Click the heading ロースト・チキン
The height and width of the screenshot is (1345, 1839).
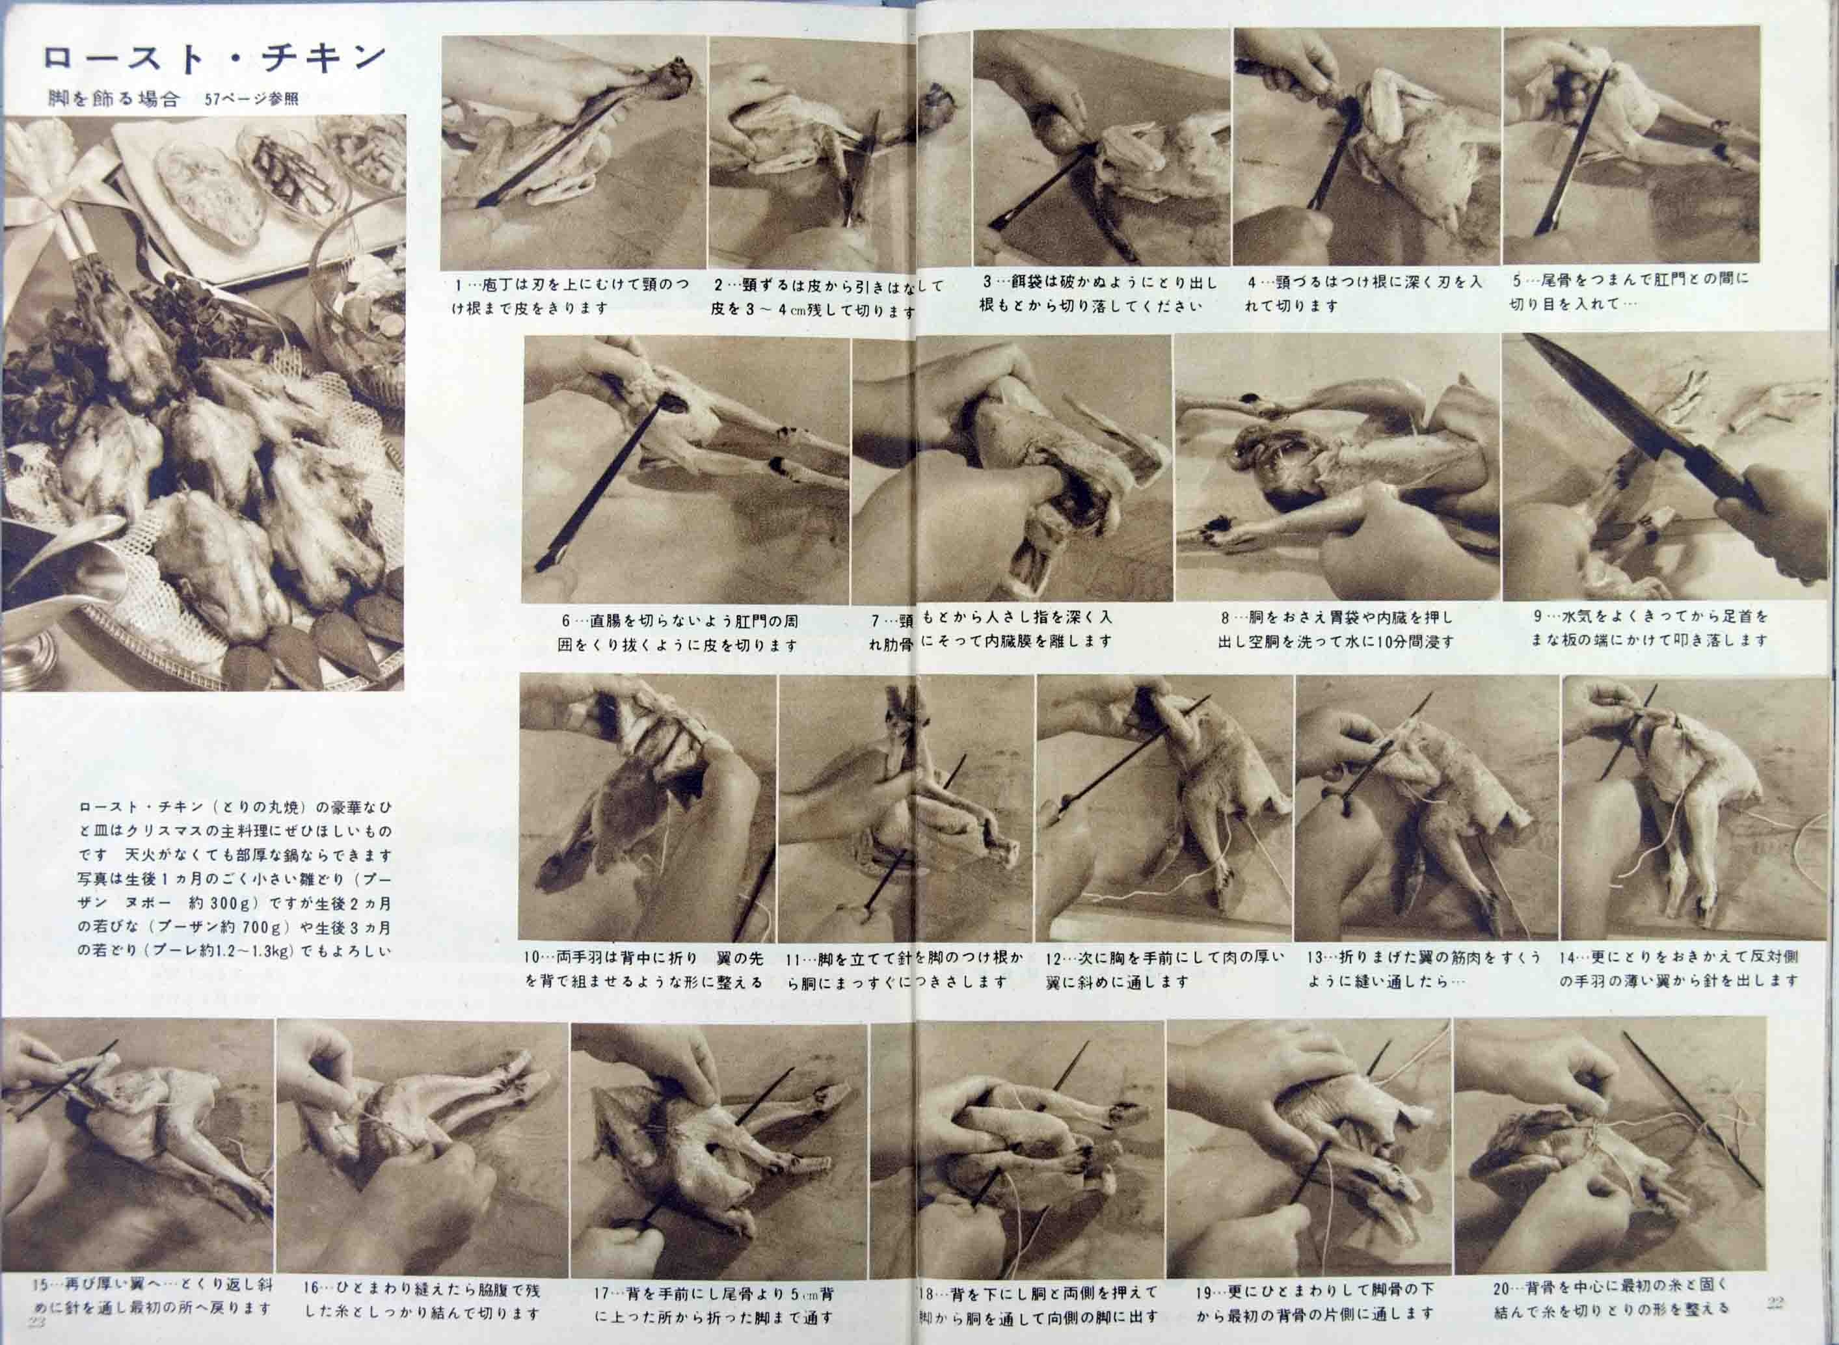tap(213, 58)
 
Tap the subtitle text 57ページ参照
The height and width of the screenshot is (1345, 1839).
tap(252, 100)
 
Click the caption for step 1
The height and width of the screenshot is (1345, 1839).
tap(570, 297)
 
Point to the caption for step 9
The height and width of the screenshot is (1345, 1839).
tap(1650, 628)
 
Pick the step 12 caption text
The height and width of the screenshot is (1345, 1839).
tap(1164, 970)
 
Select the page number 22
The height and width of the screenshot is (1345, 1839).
tap(1775, 1302)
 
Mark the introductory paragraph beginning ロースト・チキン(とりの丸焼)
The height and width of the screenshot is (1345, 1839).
tap(234, 879)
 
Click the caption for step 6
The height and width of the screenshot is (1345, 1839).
tap(678, 633)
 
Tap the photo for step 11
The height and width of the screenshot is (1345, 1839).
tap(906, 808)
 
